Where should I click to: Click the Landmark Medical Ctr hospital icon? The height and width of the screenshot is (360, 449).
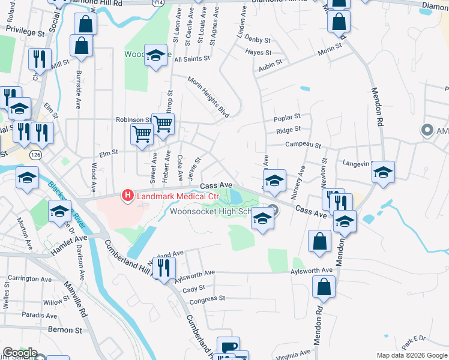tap(127, 195)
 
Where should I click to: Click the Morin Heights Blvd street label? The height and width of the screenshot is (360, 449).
tap(209, 97)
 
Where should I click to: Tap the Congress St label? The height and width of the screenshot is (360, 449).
tap(207, 298)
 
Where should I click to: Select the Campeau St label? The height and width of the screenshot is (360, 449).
tap(303, 145)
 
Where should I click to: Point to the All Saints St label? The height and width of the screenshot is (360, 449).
tap(191, 59)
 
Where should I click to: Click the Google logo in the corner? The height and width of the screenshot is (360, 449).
tap(20, 353)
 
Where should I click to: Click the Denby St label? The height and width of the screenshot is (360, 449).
tap(258, 40)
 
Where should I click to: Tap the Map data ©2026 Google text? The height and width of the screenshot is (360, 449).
tap(412, 355)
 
